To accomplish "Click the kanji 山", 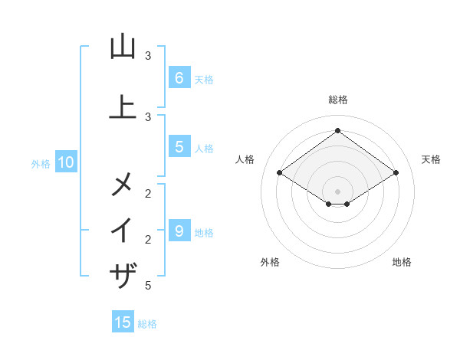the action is pos(123,47).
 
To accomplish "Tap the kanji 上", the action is pos(123,106).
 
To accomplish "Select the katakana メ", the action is pos(123,183).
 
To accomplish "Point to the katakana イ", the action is pos(123,230).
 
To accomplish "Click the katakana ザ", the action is pos(123,275).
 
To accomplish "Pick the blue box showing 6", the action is pos(179,77).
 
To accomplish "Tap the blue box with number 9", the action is pos(179,231).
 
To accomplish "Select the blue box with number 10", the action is pos(66,162).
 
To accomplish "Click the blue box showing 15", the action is pos(123,322).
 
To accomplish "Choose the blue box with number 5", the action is pos(179,147).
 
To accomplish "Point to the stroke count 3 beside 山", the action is pos(148,56).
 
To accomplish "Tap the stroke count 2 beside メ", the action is pos(148,193).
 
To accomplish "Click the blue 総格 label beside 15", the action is pos(147,324).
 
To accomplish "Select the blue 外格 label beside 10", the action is pos(41,163).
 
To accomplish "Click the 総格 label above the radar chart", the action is pos(337,100).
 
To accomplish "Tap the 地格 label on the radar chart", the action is pos(402,263).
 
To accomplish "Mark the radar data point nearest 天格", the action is pos(396,173).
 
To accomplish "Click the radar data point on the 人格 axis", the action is pos(279,173).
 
